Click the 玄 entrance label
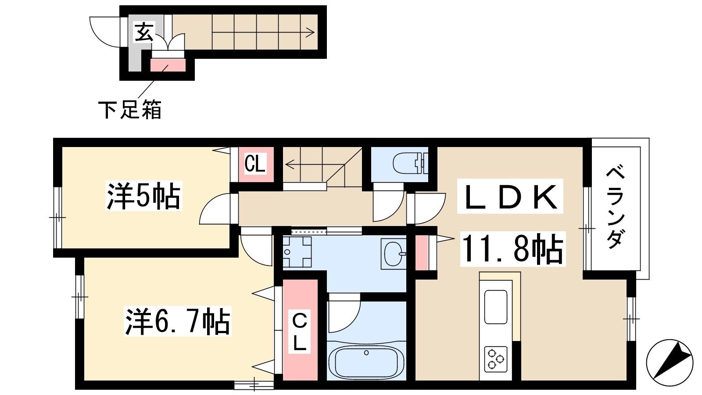point(144,32)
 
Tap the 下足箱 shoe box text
point(130,110)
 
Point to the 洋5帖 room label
point(144,196)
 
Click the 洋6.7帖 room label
point(177,321)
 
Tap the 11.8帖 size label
point(513,249)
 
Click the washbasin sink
point(393,254)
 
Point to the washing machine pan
point(297,252)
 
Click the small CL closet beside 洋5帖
point(255,164)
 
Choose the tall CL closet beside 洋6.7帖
point(300,330)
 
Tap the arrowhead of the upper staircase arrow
point(310,32)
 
